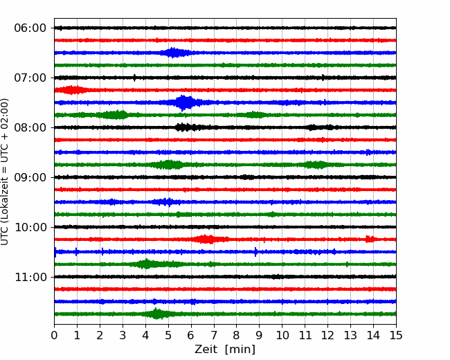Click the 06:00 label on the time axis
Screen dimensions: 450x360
30,28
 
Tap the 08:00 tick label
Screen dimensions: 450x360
30,128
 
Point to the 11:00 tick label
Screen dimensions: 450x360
30,278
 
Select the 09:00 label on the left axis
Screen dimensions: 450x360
30,178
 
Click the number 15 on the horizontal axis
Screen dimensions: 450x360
396,335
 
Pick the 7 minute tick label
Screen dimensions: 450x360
214,335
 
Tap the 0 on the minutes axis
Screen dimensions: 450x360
54,335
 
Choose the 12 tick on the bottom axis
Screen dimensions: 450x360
327,335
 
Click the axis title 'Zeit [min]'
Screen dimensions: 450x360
225,350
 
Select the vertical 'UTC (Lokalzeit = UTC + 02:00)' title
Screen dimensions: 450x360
5,172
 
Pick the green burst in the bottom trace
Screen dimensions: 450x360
157,314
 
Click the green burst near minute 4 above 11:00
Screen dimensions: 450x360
146,264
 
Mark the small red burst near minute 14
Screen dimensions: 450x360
370,239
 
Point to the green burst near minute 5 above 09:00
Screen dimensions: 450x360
170,165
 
